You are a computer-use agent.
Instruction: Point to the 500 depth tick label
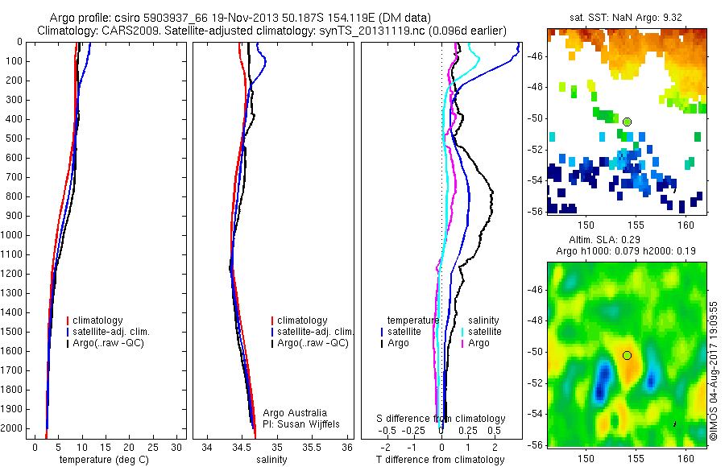[15, 138]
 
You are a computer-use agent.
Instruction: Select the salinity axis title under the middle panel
[271, 460]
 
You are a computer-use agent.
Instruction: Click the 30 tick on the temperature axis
[176, 447]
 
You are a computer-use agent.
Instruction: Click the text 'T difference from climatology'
[440, 460]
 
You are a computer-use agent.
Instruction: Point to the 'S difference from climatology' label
[441, 419]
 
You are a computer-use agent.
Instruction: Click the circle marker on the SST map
[627, 122]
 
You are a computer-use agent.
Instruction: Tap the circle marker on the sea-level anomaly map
[627, 355]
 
